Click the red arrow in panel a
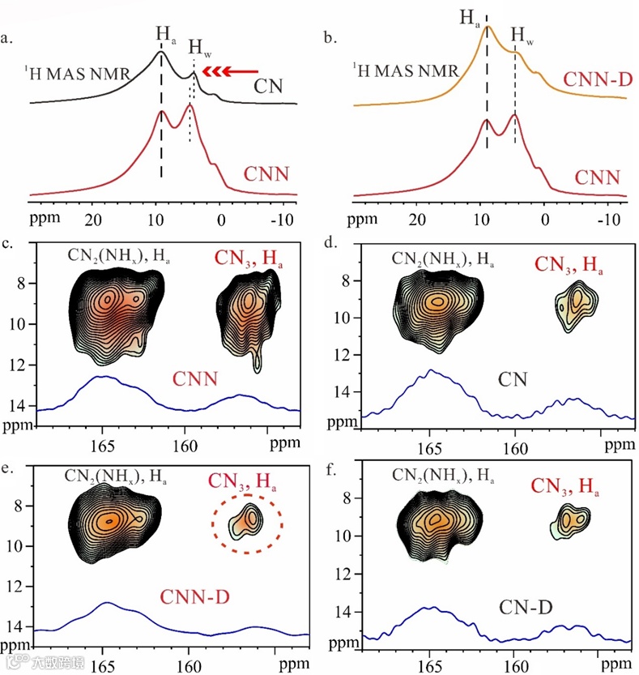coord(232,72)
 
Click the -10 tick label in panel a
coord(283,219)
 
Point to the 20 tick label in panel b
coord(418,219)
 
